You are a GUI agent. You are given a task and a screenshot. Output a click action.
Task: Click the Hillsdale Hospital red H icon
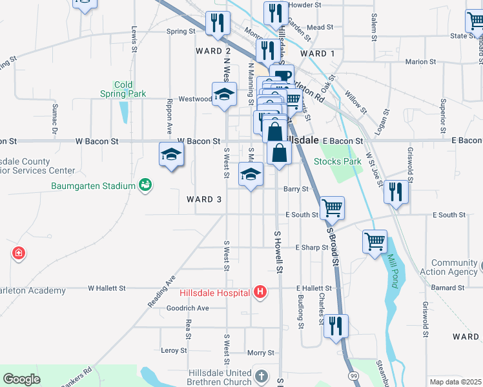[260, 293]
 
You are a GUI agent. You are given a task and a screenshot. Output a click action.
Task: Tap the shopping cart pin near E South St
[332, 208]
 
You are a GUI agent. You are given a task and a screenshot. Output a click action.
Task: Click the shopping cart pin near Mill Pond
[375, 241]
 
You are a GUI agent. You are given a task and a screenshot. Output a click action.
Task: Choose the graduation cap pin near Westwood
[223, 94]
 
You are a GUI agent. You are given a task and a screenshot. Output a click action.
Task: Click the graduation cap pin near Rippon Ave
[171, 154]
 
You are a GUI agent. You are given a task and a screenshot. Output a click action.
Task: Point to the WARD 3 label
[204, 199]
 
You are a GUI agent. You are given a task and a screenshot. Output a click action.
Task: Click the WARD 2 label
[213, 51]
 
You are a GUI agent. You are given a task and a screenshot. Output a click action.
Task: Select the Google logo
[21, 379]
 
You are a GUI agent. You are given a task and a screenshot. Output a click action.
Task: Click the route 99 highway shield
[353, 375]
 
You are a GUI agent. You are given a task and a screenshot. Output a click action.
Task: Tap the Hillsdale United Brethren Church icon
[261, 375]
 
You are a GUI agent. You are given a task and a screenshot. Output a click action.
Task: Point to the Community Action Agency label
[454, 267]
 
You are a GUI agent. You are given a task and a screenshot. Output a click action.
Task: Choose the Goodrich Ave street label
[187, 308]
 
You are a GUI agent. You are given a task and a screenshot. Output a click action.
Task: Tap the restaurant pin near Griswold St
[396, 192]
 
